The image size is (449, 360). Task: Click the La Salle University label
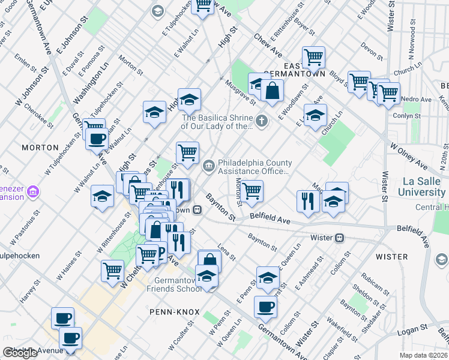click(x=424, y=187)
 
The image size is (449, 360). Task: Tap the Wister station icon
click(x=339, y=238)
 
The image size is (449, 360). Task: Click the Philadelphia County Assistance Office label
click(x=255, y=167)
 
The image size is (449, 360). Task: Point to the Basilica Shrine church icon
click(x=261, y=122)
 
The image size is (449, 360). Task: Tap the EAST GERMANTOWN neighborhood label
click(x=296, y=69)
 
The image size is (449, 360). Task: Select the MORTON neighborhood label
click(x=40, y=147)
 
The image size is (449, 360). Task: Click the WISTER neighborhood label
click(x=391, y=256)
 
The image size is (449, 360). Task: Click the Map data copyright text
click(x=423, y=355)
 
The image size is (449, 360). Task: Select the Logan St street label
click(x=411, y=328)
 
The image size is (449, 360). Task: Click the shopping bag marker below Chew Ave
click(x=272, y=91)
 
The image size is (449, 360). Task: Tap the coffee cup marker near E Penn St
click(x=265, y=307)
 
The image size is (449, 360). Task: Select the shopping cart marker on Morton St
click(x=252, y=191)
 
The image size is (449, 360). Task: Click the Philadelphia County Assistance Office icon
click(x=208, y=165)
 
